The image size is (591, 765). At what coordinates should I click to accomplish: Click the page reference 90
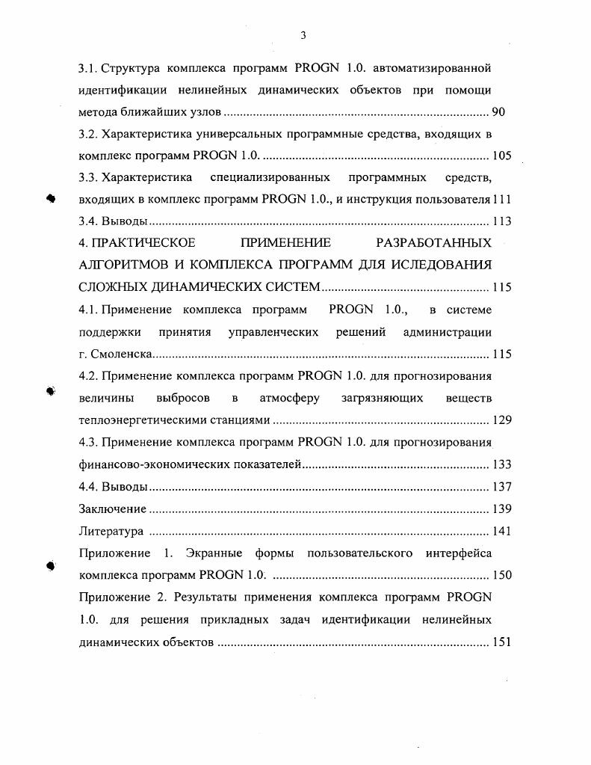coord(499,112)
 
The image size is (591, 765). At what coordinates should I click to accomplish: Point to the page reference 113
coord(501,221)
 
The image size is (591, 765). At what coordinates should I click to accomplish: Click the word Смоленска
coord(122,354)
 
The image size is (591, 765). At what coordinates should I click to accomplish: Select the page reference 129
coord(501,420)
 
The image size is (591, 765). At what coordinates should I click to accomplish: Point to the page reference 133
coord(501,464)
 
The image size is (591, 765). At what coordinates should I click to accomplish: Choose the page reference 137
coord(501,487)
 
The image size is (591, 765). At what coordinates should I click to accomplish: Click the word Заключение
coord(112,509)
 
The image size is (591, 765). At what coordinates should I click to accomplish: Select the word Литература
coord(111,531)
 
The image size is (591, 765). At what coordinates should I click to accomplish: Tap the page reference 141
coord(501,531)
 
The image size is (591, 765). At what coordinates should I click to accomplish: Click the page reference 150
coord(501,575)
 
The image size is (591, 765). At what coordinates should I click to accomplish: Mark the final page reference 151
coord(501,642)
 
